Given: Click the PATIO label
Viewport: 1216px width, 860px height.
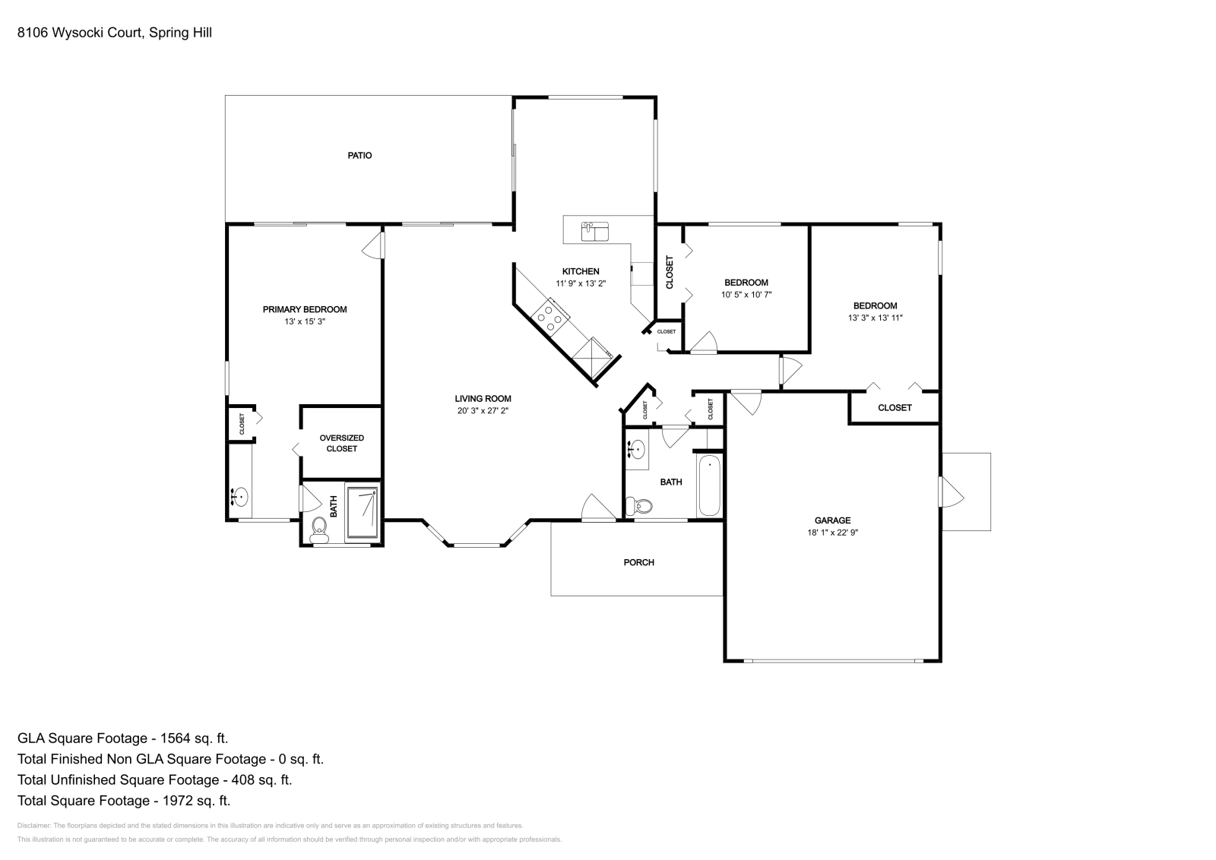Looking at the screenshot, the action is click(360, 156).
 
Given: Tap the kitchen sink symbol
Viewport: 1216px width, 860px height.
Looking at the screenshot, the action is click(595, 231).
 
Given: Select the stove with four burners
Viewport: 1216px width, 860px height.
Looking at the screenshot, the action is click(550, 318).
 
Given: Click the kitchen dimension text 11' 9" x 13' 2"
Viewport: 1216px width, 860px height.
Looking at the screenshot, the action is click(581, 283).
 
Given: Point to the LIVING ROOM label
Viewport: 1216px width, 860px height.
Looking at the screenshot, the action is click(483, 399).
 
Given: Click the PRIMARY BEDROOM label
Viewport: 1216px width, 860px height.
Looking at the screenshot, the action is click(305, 309).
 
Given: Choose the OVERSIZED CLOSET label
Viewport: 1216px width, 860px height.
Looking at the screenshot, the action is click(341, 443).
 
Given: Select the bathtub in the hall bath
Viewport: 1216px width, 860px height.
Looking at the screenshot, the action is click(710, 485).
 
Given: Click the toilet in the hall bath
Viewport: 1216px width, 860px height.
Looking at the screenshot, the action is click(639, 506).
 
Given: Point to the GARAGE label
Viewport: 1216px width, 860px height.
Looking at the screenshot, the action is click(833, 520).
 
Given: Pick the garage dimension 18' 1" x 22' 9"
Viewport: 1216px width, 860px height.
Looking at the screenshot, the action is click(833, 533).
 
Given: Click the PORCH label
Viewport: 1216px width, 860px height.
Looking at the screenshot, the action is click(639, 563).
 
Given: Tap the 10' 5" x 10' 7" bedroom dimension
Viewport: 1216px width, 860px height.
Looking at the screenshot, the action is click(746, 295).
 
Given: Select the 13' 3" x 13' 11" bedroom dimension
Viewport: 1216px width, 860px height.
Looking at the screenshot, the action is click(875, 318).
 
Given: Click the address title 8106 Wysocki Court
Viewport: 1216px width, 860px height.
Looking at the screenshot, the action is click(81, 33).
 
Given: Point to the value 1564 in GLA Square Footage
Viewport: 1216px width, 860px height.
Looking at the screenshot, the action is click(176, 738).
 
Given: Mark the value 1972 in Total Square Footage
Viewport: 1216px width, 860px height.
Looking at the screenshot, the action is click(178, 801).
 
